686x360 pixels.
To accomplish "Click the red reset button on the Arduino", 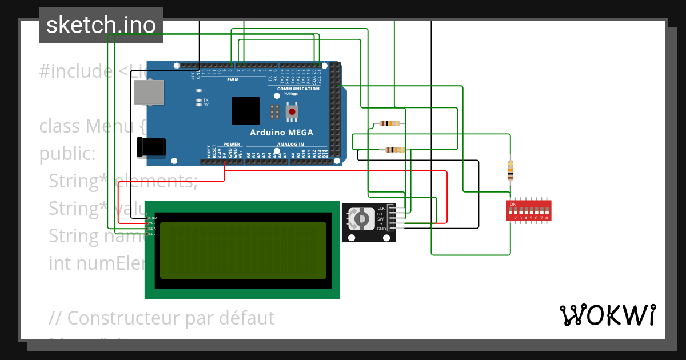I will pyautogui.click(x=293, y=111).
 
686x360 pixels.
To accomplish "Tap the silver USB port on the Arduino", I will pyautogui.click(x=149, y=92).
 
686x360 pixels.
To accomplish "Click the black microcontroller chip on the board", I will pyautogui.click(x=245, y=111).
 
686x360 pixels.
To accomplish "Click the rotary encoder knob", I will pyautogui.click(x=360, y=219).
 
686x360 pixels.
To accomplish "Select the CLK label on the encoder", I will pyautogui.click(x=381, y=208).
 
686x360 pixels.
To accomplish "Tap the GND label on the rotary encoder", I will pyautogui.click(x=381, y=229).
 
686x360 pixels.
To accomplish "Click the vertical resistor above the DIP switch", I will pyautogui.click(x=510, y=170).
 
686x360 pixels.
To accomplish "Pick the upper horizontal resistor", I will pyautogui.click(x=389, y=123).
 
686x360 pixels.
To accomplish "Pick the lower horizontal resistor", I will pyautogui.click(x=395, y=150).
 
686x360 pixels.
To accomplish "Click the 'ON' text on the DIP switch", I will pyautogui.click(x=513, y=204).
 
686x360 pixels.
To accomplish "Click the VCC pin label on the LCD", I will pyautogui.click(x=152, y=223).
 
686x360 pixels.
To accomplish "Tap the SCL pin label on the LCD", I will pyautogui.click(x=152, y=234).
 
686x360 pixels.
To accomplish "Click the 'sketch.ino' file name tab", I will pyautogui.click(x=101, y=25).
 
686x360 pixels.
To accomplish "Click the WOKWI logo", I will pyautogui.click(x=607, y=315).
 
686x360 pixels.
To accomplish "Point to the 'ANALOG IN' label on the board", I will pyautogui.click(x=290, y=144).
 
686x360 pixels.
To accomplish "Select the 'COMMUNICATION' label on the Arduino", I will pyautogui.click(x=298, y=89).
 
